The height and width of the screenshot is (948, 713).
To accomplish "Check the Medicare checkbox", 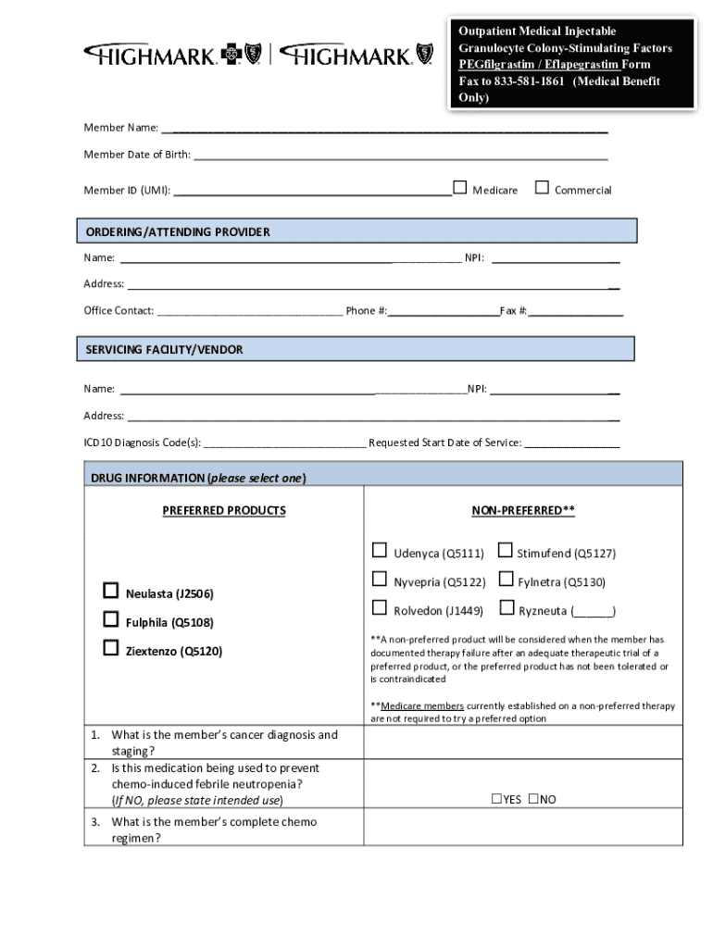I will (x=459, y=188).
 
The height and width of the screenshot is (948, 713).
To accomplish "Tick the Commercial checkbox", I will (x=542, y=188).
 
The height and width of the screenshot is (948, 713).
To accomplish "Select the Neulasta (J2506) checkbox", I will (x=111, y=591).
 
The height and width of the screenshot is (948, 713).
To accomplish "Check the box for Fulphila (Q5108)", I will (x=111, y=619).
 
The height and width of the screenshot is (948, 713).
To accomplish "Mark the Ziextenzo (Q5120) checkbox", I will (x=111, y=648).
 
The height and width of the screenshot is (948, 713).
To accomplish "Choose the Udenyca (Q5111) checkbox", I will (x=380, y=551).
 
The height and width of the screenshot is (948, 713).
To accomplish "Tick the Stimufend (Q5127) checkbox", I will (x=505, y=551).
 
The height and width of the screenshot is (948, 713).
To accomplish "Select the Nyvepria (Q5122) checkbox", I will (x=380, y=580).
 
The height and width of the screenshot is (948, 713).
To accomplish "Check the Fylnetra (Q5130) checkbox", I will (x=505, y=580).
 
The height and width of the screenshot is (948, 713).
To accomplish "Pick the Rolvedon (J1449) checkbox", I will (x=380, y=608).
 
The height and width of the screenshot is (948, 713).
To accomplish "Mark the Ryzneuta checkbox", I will (x=505, y=608).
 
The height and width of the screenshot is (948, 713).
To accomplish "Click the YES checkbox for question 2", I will (x=496, y=800).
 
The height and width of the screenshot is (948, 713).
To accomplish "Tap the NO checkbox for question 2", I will (x=533, y=800).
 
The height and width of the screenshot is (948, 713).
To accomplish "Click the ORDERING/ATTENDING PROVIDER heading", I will (x=178, y=232).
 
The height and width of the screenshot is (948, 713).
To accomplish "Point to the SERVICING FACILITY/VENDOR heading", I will (x=165, y=350).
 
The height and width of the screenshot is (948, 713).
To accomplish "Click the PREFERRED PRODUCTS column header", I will (x=224, y=511).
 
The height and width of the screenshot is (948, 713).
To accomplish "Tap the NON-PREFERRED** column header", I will (x=523, y=511).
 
